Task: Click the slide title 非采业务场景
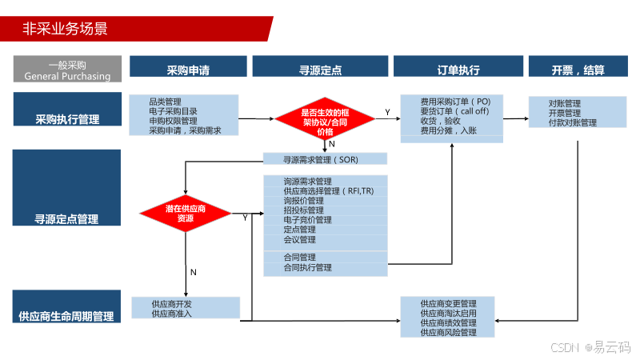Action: pyautogui.click(x=66, y=29)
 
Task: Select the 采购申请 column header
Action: pyautogui.click(x=188, y=70)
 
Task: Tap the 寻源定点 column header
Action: pyautogui.click(x=320, y=70)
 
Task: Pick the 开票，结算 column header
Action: pyautogui.click(x=578, y=70)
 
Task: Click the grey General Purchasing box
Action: pyautogui.click(x=67, y=70)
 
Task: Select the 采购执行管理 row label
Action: pyautogui.click(x=67, y=119)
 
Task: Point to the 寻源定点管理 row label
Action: pyautogui.click(x=67, y=218)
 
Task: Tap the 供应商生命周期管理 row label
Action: pyautogui.click(x=67, y=316)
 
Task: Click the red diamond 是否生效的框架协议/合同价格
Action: pyautogui.click(x=325, y=122)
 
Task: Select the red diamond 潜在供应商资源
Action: pyautogui.click(x=185, y=213)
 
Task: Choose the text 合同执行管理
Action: pyautogui.click(x=307, y=268)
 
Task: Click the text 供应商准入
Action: pyautogui.click(x=172, y=314)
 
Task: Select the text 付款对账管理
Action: pyautogui.click(x=573, y=123)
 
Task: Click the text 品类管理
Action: pyautogui.click(x=165, y=102)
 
